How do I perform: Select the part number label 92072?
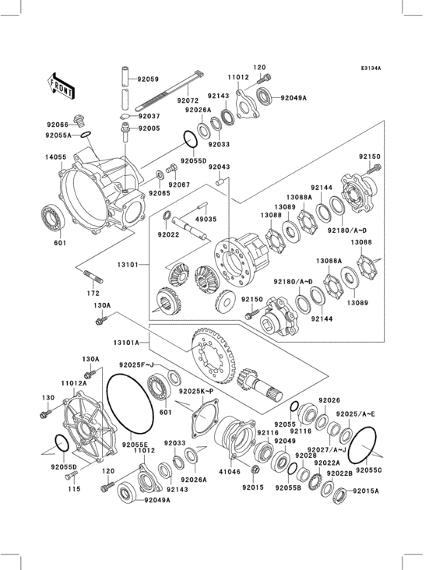coord(187,101)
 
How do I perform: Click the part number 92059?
coord(148,79)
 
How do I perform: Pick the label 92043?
coord(219,167)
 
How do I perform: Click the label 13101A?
coord(127,342)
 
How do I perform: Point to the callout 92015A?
coord(365,491)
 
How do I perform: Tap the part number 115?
coord(72,489)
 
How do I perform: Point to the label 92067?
coord(180,185)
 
